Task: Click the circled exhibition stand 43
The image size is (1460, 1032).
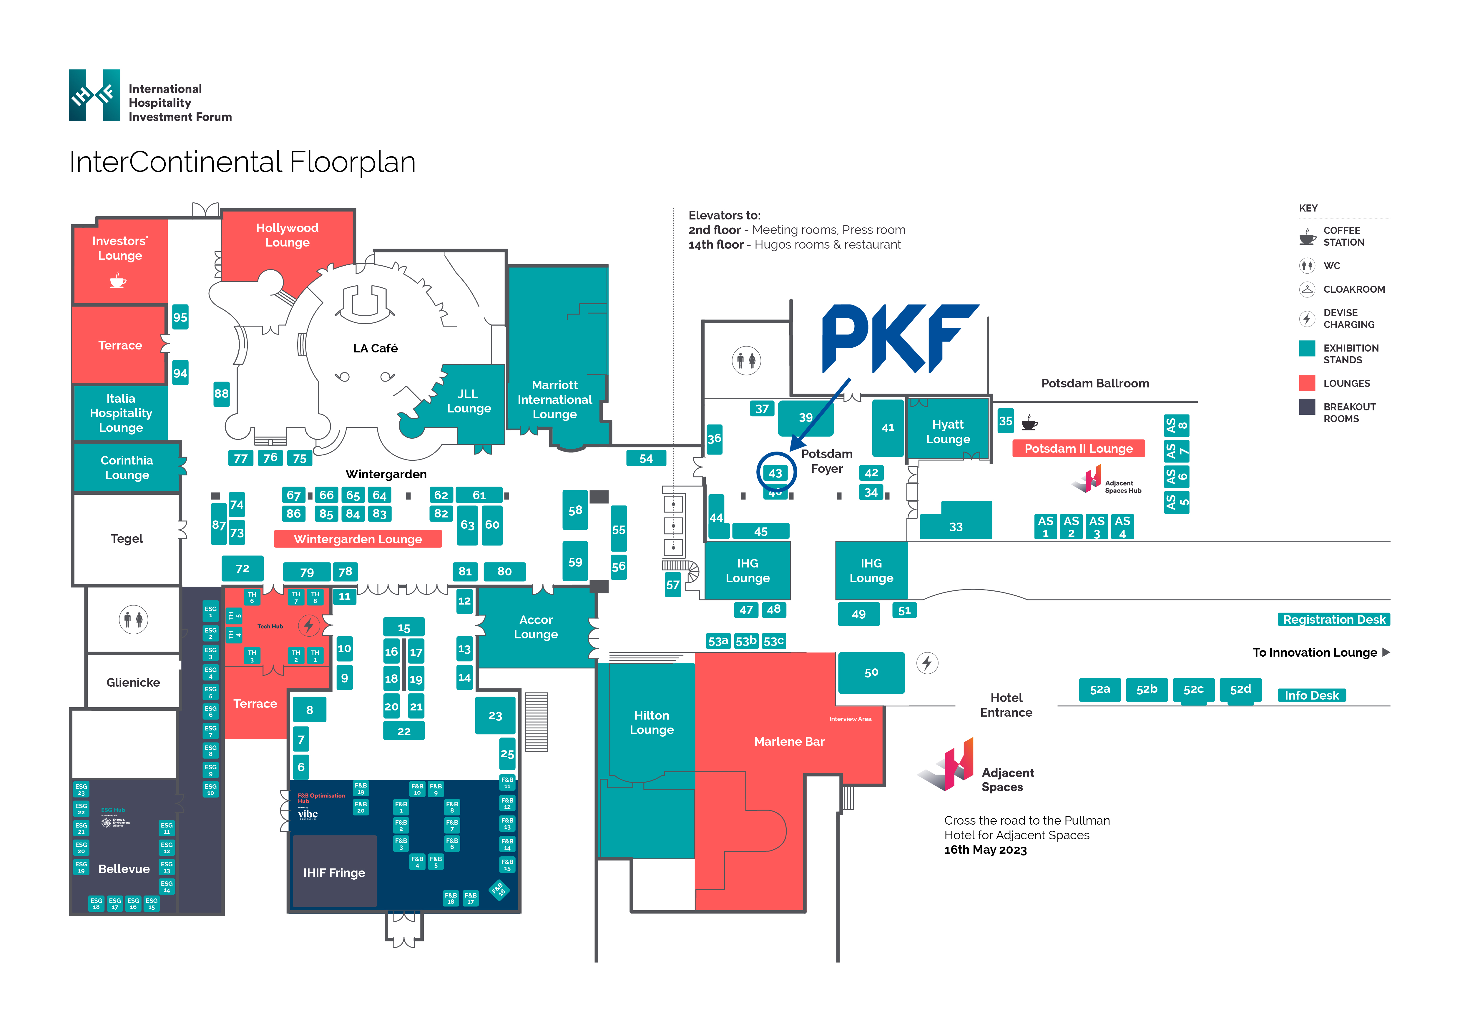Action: pyautogui.click(x=775, y=473)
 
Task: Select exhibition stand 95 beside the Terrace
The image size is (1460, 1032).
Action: pyautogui.click(x=180, y=317)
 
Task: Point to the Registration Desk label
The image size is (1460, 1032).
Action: pyautogui.click(x=1333, y=620)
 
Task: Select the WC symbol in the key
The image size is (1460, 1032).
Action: pyautogui.click(x=1307, y=266)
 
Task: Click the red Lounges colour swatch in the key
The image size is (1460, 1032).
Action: pyautogui.click(x=1307, y=383)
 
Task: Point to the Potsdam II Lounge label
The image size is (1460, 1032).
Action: pyautogui.click(x=1079, y=449)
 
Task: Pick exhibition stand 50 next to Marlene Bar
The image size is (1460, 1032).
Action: pyautogui.click(x=871, y=672)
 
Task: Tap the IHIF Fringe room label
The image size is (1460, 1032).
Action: pyautogui.click(x=334, y=873)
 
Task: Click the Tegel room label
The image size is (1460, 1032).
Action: pyautogui.click(x=127, y=539)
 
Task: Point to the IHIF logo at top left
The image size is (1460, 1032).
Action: pyautogui.click(x=94, y=95)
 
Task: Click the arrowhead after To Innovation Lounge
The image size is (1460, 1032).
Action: pyautogui.click(x=1386, y=653)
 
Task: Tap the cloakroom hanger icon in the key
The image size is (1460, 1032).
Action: pyautogui.click(x=1307, y=289)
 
